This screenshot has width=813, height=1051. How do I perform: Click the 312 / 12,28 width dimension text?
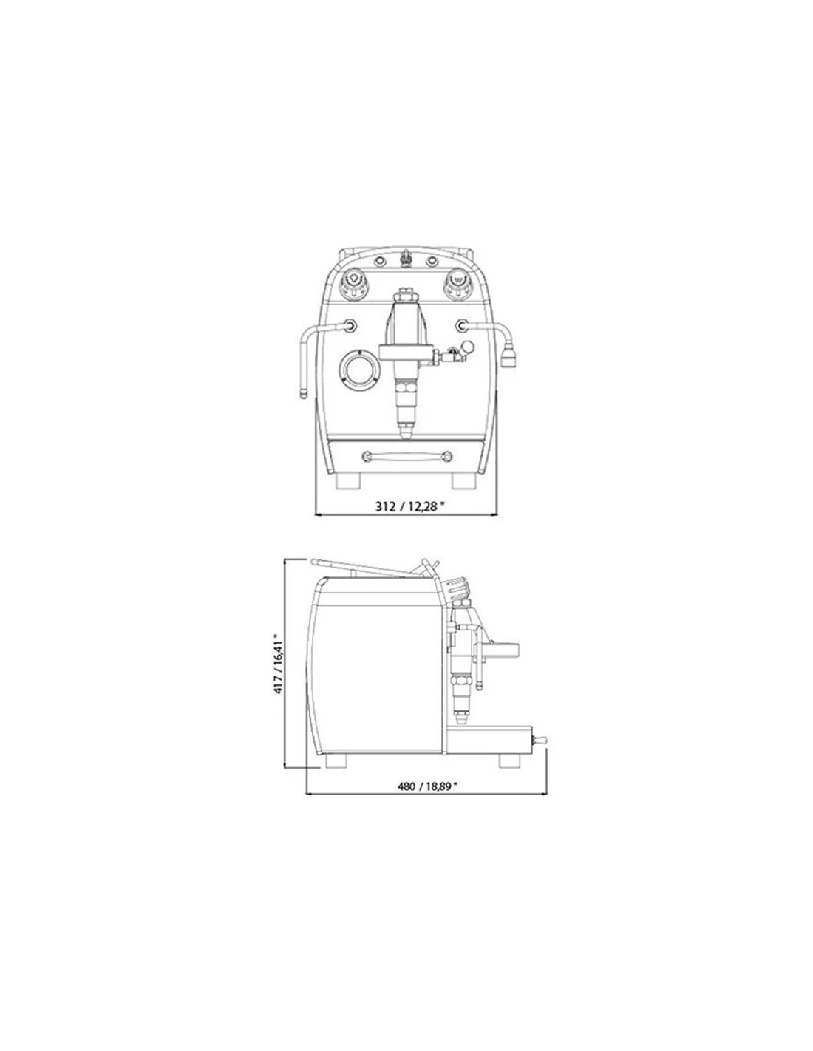[409, 506]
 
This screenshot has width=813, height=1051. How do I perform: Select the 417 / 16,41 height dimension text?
[279, 664]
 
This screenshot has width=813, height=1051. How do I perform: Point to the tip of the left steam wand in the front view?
[303, 395]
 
